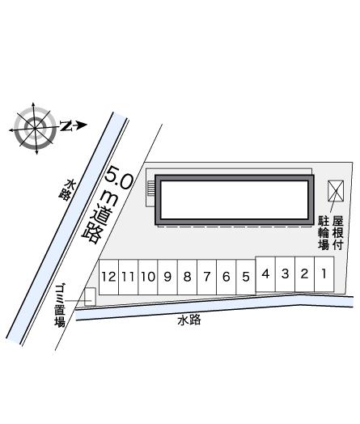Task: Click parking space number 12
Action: [x=109, y=277]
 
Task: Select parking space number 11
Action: [x=129, y=277]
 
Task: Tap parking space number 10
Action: [x=148, y=277]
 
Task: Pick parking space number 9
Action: [x=167, y=277]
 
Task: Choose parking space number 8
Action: [x=188, y=277]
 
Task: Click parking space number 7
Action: [x=207, y=277]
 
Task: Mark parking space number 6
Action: [x=227, y=277]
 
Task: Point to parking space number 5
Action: [x=246, y=277]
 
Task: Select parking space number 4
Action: [x=265, y=274]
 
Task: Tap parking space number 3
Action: [x=285, y=274]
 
